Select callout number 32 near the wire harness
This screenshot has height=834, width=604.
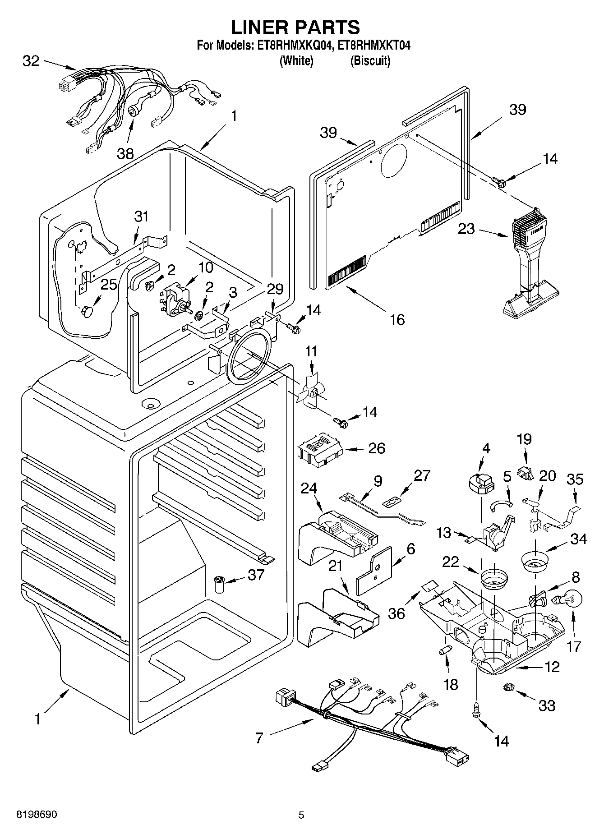pos(31,61)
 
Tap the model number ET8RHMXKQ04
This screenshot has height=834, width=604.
pos(295,45)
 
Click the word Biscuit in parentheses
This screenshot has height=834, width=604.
pos(370,61)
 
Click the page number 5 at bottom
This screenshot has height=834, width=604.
pos(301,815)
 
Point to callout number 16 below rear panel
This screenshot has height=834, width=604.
pos(397,320)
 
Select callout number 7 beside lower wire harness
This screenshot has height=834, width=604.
pos(259,738)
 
